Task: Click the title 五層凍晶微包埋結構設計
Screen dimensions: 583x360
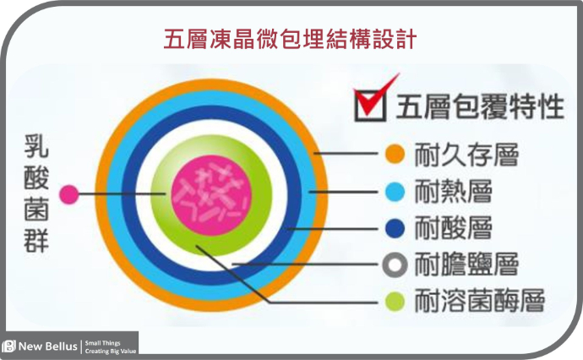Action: (290, 39)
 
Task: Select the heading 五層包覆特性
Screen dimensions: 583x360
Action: (480, 106)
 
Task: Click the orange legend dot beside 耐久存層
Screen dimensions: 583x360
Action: (395, 154)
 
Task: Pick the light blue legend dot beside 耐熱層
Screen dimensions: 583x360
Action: (395, 192)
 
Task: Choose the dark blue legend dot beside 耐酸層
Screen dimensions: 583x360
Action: (395, 228)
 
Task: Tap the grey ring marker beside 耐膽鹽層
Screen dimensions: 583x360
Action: (395, 265)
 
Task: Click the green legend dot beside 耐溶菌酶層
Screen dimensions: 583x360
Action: (395, 301)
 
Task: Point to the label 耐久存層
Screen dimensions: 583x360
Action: (466, 155)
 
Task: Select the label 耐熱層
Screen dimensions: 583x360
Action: (453, 191)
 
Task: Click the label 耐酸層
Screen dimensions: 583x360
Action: (453, 227)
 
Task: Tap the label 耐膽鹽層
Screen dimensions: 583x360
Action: (466, 265)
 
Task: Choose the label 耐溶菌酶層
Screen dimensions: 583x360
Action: (480, 301)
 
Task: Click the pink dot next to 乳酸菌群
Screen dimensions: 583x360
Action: (69, 194)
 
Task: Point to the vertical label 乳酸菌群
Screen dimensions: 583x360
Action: (36, 194)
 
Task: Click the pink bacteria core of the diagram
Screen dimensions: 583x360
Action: (211, 195)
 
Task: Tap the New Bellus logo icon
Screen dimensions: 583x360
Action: (9, 346)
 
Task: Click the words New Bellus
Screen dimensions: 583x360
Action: (48, 346)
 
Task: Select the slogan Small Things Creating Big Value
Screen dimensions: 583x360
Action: (111, 347)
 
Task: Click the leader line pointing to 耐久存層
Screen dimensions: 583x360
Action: (346, 153)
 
